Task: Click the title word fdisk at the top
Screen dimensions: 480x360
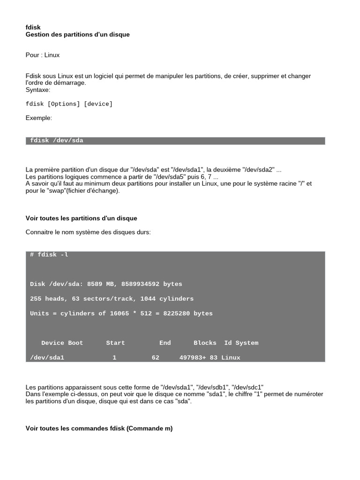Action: point(33,28)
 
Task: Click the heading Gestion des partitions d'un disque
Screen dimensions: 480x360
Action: point(77,35)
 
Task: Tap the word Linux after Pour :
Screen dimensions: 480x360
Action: point(52,55)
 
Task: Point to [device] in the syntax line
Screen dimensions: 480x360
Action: point(98,104)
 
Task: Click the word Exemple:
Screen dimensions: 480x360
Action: point(39,118)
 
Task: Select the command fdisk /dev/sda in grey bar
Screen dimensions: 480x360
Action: point(57,141)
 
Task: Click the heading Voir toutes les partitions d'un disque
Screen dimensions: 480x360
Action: point(81,218)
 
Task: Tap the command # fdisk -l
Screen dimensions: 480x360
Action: point(49,255)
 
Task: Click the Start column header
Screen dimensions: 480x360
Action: point(115,343)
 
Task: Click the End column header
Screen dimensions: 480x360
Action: point(165,343)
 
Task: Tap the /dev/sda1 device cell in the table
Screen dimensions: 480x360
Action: point(47,357)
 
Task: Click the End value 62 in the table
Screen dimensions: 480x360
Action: point(156,357)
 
